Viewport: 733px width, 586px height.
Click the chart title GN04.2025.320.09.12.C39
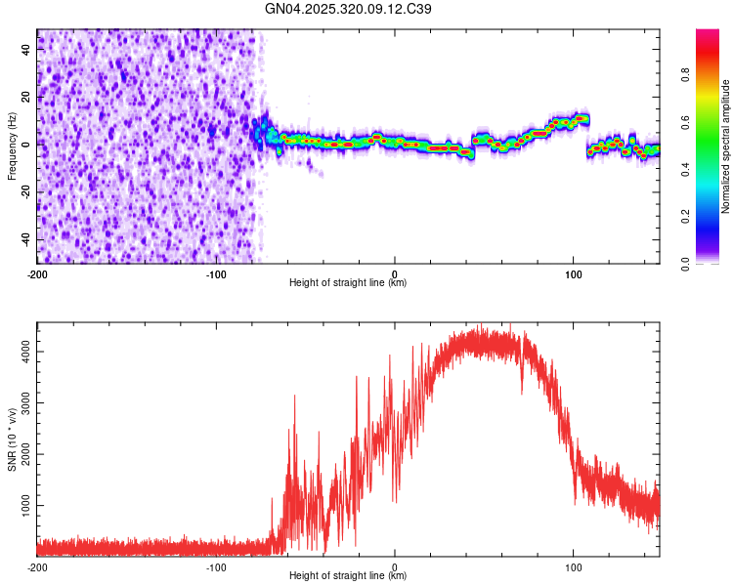[x=349, y=9]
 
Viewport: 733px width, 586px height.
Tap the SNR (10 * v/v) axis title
[x=12, y=439]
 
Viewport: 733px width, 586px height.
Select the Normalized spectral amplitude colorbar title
[x=725, y=146]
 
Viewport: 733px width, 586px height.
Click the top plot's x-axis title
[x=348, y=282]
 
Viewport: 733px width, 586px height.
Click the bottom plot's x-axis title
[x=348, y=575]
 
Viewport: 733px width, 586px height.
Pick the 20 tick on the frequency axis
[x=26, y=97]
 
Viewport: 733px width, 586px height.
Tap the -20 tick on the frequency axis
[x=24, y=192]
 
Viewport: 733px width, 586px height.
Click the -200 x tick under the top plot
[x=37, y=273]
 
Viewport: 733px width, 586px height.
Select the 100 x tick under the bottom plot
[x=573, y=566]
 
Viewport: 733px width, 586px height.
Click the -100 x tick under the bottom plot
[x=216, y=566]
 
